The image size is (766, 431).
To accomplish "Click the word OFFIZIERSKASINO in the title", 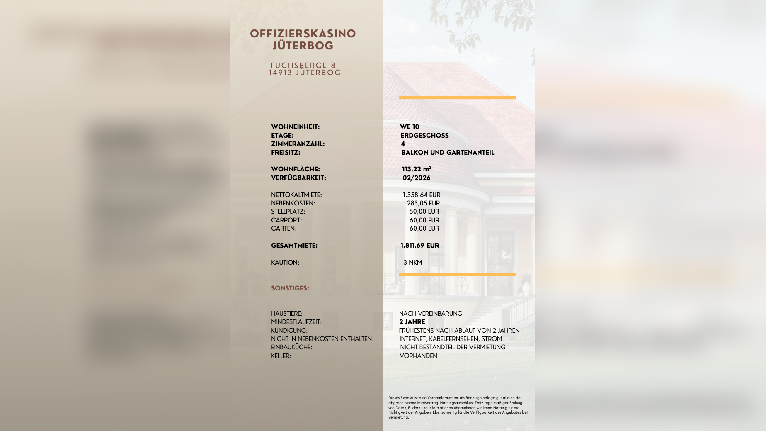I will [x=303, y=34].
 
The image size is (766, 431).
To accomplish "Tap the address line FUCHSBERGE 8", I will [x=303, y=66].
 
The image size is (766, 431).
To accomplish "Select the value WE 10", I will [x=410, y=127].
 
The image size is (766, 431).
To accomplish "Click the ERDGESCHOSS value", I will [x=424, y=136].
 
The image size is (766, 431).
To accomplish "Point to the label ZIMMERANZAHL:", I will [x=298, y=144].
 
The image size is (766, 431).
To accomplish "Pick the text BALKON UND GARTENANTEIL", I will [x=448, y=153].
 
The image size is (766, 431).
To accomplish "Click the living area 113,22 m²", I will [x=417, y=169].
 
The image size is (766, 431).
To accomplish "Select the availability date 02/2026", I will [x=417, y=178].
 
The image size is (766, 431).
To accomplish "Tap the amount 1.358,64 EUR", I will [x=422, y=195].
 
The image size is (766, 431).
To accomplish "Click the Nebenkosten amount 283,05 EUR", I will [x=423, y=203].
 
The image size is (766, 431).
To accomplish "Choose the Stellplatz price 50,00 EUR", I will [x=424, y=212].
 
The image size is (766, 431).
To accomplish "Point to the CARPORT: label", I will [x=286, y=220].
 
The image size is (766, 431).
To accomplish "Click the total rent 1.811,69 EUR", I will [x=419, y=246].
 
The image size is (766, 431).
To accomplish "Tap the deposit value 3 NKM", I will [x=413, y=263].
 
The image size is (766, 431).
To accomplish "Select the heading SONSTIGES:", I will [x=290, y=288].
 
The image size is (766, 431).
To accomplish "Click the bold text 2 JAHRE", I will [x=412, y=322].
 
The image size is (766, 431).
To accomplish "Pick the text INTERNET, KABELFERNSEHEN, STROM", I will [x=451, y=339].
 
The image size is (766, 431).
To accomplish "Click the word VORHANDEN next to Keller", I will [x=418, y=356].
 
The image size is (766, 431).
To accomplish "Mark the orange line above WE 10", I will [x=457, y=98].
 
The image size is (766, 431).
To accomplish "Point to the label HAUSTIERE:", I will [x=286, y=314].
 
